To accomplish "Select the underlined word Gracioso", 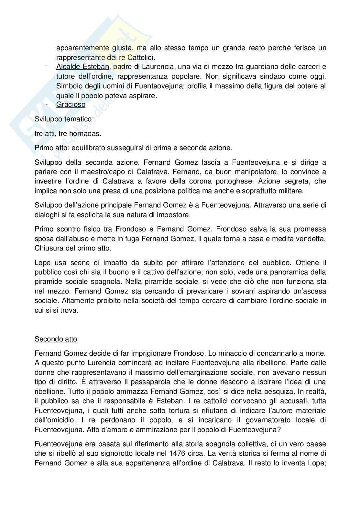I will pos(71,105).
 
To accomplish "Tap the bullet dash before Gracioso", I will pos(47,105).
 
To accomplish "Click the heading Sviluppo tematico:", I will pos(64,119).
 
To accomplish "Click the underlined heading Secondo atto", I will pos(56,339).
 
